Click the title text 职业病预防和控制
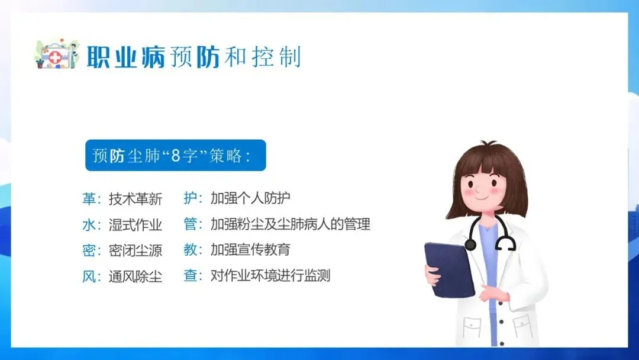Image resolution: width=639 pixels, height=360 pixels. [x=193, y=57]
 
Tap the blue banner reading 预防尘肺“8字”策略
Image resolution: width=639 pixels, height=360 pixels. [x=176, y=155]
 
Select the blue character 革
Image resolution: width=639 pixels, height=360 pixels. [x=89, y=198]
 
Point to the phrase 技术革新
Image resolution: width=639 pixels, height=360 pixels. [x=135, y=199]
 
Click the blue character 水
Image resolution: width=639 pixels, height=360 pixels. [x=89, y=224]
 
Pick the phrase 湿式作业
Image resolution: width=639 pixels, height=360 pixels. [x=135, y=224]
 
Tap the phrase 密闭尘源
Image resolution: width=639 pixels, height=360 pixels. [x=135, y=250]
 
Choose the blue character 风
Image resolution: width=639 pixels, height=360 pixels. [x=89, y=276]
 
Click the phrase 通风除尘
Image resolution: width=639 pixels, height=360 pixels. [x=135, y=277]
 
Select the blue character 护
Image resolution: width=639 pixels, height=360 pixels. [x=191, y=198]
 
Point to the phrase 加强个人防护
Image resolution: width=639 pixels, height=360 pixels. [x=250, y=198]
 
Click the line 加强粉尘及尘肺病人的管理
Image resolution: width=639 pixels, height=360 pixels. [x=290, y=224]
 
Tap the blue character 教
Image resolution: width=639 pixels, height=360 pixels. [x=191, y=249]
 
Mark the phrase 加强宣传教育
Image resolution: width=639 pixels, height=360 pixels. [x=250, y=249]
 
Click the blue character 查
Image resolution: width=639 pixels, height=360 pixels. [x=191, y=275]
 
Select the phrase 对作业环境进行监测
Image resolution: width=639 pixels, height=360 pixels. [x=270, y=275]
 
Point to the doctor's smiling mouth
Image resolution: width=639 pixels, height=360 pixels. [x=481, y=198]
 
